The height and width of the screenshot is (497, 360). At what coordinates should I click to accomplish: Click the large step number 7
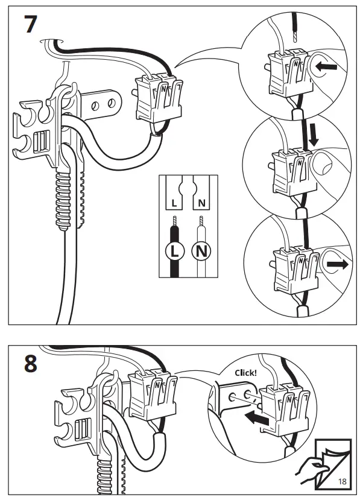30,24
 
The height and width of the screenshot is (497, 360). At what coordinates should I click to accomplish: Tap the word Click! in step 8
245,373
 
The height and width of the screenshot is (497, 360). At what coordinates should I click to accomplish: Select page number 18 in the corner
343,481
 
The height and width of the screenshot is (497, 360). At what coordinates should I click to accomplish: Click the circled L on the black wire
174,252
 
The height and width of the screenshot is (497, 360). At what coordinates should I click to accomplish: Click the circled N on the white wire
201,252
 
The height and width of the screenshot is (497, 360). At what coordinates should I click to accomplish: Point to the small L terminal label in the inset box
174,203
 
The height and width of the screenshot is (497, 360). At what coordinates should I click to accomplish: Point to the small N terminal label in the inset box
201,203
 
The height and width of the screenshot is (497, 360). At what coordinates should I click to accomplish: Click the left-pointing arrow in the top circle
326,67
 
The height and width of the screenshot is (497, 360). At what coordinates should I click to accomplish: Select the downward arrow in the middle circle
314,134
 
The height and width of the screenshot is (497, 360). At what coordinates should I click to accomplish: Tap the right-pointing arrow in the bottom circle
338,265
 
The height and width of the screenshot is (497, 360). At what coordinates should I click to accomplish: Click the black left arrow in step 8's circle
257,418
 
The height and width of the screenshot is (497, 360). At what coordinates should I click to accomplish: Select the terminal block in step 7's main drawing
159,98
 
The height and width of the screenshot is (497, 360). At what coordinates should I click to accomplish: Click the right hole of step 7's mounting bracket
111,103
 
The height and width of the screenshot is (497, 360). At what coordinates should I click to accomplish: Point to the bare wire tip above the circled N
201,221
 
